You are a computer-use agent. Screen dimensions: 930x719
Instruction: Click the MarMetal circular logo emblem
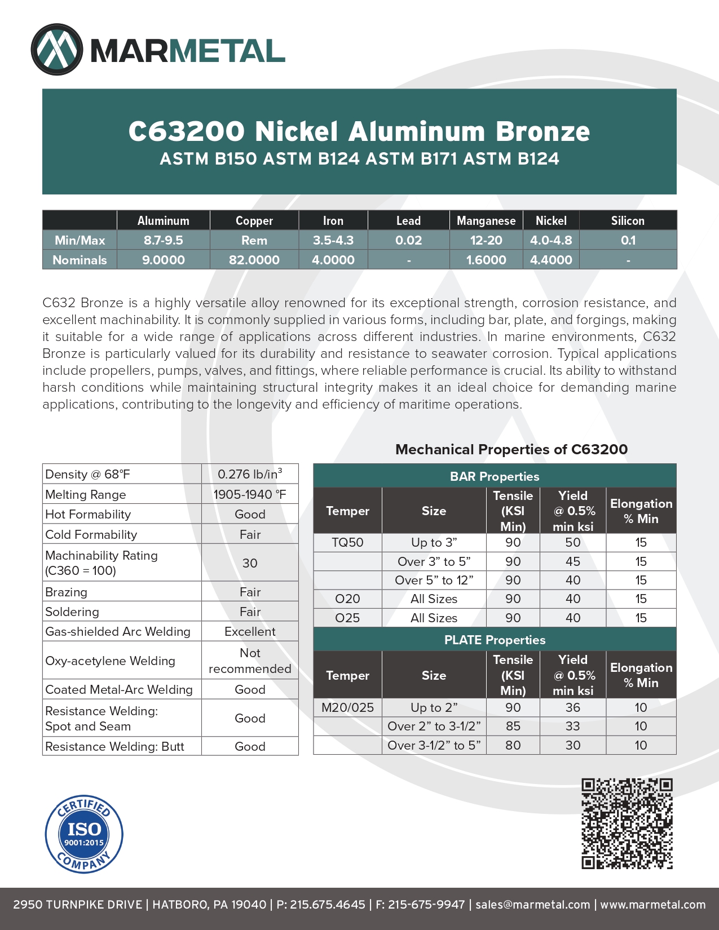click(x=57, y=50)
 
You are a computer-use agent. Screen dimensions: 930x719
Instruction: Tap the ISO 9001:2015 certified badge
click(x=84, y=835)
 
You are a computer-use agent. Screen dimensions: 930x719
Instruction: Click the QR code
click(x=627, y=823)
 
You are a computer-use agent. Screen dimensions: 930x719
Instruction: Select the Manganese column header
click(x=486, y=220)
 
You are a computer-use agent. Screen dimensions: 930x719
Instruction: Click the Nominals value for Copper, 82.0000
click(x=254, y=260)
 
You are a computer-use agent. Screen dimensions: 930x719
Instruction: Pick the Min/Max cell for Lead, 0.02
click(x=408, y=240)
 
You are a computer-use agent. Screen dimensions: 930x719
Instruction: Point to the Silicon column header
click(x=627, y=220)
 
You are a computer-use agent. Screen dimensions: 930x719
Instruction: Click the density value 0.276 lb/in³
click(x=250, y=474)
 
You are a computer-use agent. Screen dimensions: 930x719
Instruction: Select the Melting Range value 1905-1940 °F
click(x=250, y=494)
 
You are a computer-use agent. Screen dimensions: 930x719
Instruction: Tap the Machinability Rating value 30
click(x=250, y=563)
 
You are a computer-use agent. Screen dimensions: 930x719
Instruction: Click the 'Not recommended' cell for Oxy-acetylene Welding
click(x=250, y=661)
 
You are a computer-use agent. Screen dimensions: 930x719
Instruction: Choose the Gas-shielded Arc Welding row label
click(x=118, y=631)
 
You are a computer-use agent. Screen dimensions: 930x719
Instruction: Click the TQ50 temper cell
click(x=347, y=542)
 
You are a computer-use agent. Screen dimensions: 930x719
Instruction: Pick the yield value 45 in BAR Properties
click(x=572, y=561)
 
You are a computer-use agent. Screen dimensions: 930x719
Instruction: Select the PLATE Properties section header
click(x=495, y=640)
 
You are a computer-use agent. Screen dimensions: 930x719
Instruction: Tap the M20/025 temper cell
click(x=347, y=707)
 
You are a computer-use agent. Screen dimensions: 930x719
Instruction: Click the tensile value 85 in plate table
click(x=513, y=726)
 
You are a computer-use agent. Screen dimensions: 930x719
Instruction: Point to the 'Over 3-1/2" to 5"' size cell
click(x=434, y=745)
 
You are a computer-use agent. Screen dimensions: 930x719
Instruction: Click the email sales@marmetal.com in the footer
click(x=532, y=904)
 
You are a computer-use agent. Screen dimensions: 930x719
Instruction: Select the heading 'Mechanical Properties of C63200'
click(x=511, y=449)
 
